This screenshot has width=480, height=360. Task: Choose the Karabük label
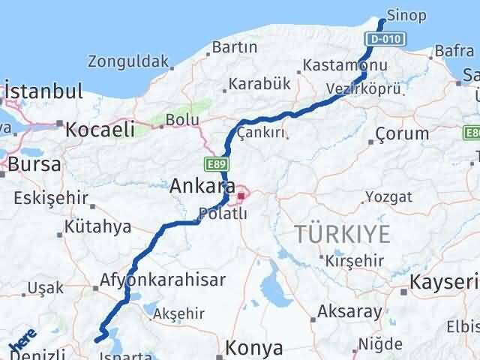coord(259,83)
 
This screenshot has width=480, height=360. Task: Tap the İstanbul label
coord(43,91)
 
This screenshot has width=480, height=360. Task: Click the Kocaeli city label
coord(100,129)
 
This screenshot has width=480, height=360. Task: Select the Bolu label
coord(181,119)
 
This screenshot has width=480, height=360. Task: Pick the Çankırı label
coord(262,132)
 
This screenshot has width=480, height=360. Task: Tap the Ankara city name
coord(198,184)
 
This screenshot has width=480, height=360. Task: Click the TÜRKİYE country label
coord(342,234)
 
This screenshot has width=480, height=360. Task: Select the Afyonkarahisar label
coord(163,280)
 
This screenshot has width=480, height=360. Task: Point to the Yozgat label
coord(388,197)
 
